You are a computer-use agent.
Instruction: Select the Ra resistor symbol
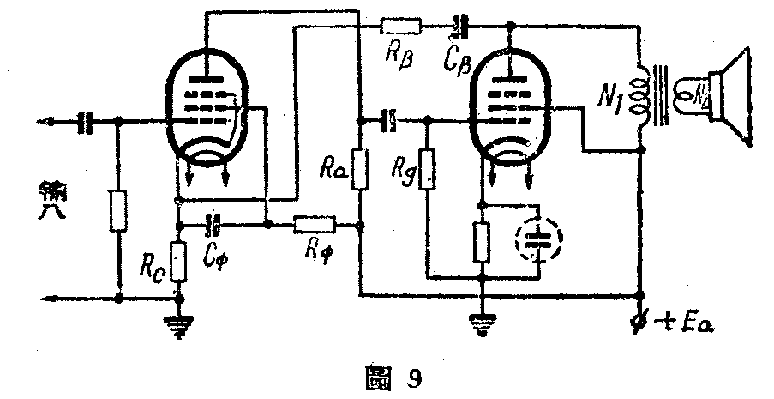tap(361, 169)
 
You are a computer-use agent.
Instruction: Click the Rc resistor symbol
tap(178, 263)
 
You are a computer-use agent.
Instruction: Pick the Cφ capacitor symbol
tap(213, 226)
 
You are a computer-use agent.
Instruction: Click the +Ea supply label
tap(686, 323)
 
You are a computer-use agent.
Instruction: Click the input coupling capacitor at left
tap(86, 123)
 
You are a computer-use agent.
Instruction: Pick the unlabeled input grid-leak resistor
tap(118, 211)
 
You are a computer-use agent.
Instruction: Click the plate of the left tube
tap(206, 81)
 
